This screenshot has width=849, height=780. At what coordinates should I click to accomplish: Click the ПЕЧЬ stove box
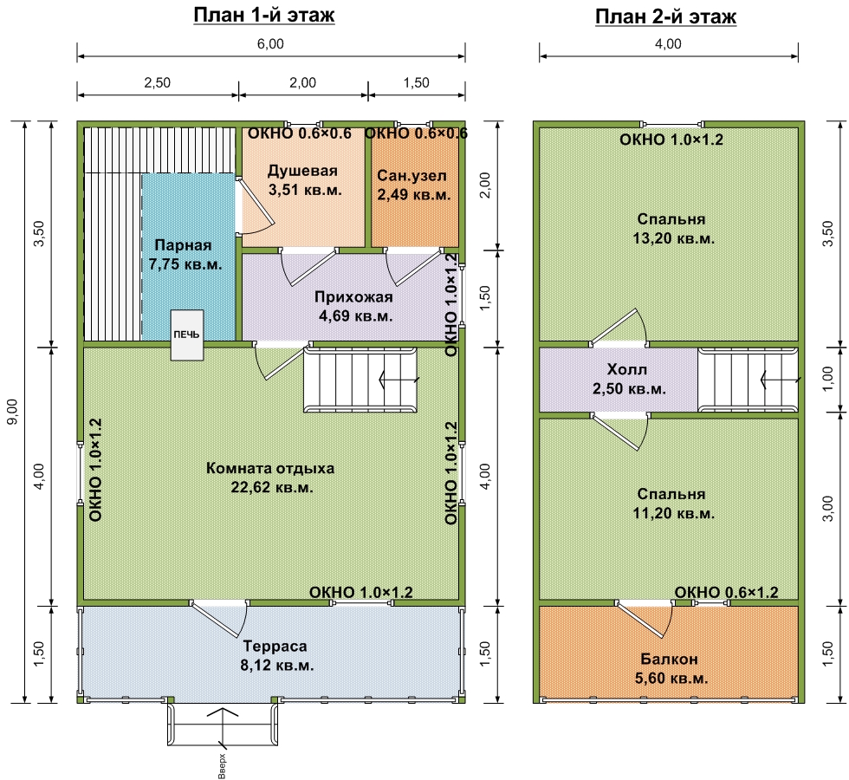187,335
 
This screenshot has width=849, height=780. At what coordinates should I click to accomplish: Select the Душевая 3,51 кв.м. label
304,180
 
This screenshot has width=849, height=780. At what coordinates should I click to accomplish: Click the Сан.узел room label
414,185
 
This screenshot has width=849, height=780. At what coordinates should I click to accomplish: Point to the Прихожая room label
354,306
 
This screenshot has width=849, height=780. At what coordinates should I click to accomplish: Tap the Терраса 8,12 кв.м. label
276,655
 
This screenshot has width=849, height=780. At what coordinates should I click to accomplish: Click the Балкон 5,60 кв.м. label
671,668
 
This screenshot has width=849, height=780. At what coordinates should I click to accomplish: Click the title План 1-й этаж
264,15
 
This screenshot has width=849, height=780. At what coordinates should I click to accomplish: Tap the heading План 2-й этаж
665,16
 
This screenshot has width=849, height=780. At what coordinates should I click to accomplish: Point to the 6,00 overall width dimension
270,44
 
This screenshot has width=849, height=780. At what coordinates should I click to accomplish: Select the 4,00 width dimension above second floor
668,44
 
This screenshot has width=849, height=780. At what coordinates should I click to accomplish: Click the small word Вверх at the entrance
222,766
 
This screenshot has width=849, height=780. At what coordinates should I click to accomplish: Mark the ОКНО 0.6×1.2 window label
726,592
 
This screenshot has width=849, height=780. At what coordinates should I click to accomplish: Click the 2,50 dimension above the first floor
157,83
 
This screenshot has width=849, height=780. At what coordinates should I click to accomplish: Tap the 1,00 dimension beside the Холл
827,380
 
